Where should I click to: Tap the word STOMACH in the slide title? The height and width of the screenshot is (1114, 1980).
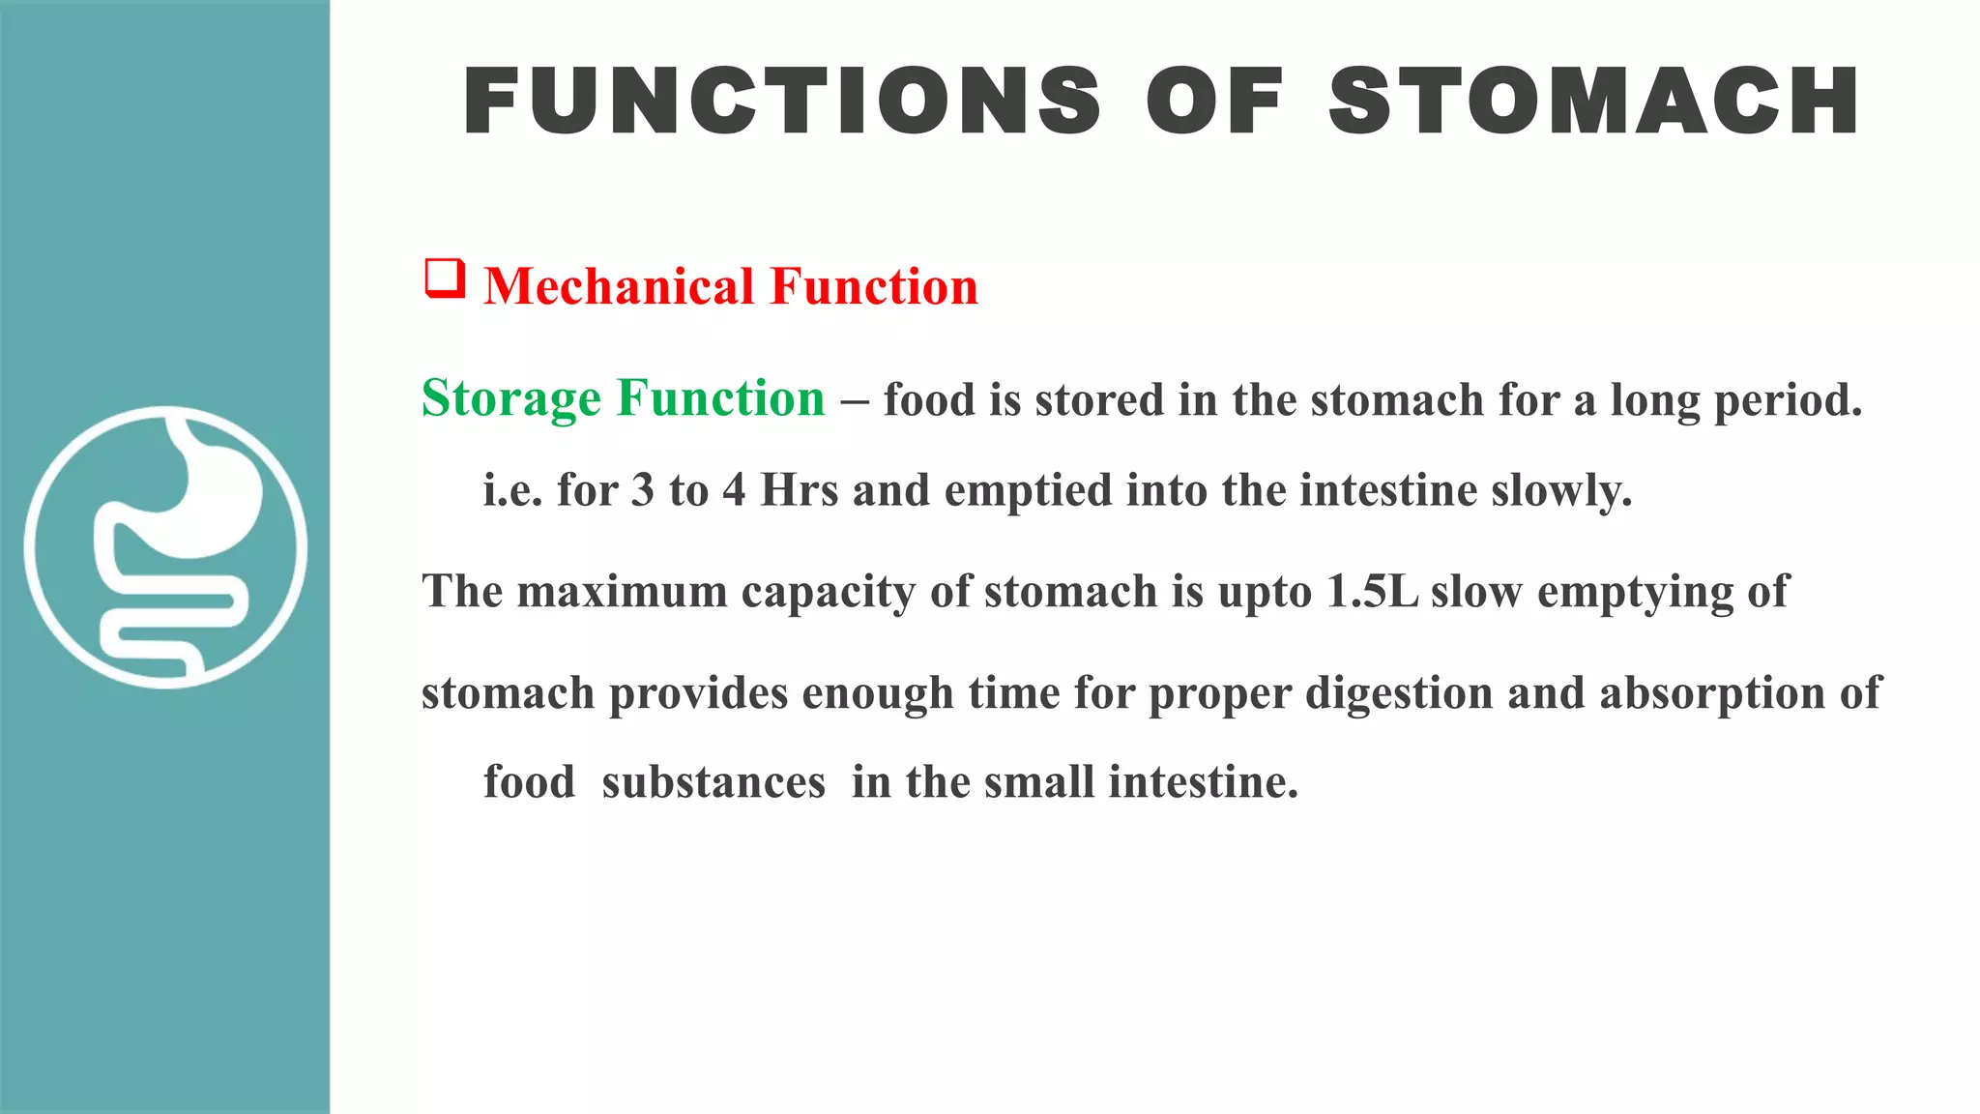click(1594, 101)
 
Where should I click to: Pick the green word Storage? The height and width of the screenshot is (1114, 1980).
click(511, 398)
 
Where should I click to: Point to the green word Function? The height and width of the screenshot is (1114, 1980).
click(721, 398)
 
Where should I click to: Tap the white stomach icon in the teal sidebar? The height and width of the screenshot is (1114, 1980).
click(165, 546)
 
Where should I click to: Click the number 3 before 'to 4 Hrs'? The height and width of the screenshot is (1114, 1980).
click(643, 490)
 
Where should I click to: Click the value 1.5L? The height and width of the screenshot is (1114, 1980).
click(1372, 592)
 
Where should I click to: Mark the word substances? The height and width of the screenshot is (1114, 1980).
click(713, 782)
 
